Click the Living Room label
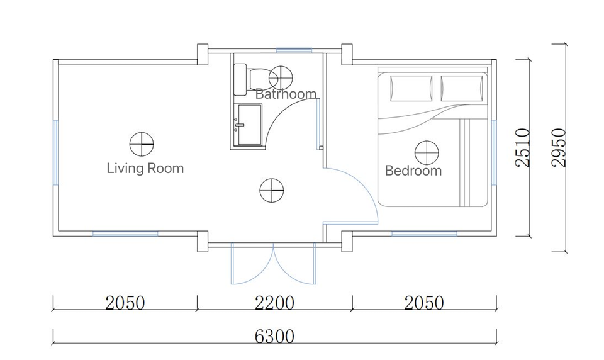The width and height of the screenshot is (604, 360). (145, 169)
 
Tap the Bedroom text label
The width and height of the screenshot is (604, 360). (413, 171)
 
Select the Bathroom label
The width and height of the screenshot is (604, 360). (286, 94)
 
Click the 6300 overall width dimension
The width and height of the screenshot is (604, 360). (274, 337)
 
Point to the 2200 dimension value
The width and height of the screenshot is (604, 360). (274, 303)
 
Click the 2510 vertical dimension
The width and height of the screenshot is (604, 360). (523, 148)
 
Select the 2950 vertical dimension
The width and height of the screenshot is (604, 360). (559, 148)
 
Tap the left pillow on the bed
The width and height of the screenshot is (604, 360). (411, 88)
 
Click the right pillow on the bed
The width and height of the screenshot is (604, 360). (461, 88)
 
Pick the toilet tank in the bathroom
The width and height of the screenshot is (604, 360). (240, 80)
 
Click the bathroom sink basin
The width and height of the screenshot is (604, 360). (249, 125)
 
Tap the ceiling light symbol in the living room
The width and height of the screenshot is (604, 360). (142, 144)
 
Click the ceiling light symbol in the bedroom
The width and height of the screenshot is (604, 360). (427, 153)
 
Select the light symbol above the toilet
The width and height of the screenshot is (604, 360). (281, 77)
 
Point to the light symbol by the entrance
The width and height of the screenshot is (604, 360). (272, 191)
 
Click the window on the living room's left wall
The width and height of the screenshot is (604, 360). (55, 152)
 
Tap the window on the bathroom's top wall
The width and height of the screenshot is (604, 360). (294, 50)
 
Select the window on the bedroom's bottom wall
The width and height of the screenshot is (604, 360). (424, 233)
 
